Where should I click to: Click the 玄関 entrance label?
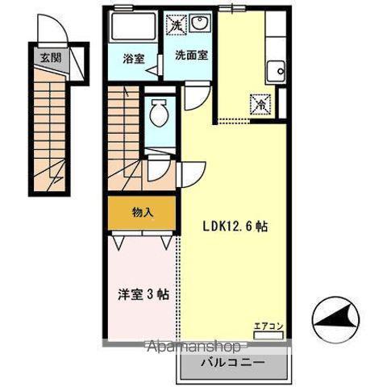[x=51, y=57]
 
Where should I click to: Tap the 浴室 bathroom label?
[x=134, y=59]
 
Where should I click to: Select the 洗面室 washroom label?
[x=191, y=55]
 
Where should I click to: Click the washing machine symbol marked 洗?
[x=176, y=25]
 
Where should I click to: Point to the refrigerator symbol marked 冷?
[x=260, y=104]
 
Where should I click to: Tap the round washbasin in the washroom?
[x=199, y=23]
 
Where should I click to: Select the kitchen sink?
[x=276, y=71]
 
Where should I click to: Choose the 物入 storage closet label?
[x=143, y=213]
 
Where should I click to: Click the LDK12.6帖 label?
[x=235, y=227]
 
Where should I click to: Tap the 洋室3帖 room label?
[x=144, y=295]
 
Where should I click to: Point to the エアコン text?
[x=268, y=327]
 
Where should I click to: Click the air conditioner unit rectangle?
[x=268, y=335]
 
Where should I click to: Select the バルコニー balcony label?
[x=233, y=363]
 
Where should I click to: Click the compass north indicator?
[x=336, y=318]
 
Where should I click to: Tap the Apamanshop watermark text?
[x=194, y=347]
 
